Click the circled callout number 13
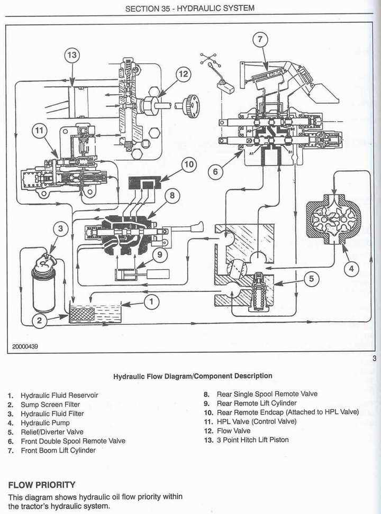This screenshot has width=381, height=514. (72, 55)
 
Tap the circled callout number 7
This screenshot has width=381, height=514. (260, 38)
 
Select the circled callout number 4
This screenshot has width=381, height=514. (351, 269)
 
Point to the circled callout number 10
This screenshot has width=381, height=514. (189, 164)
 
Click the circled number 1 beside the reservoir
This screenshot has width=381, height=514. (151, 301)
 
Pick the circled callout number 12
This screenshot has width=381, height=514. (183, 75)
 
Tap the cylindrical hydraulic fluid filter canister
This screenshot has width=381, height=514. (43, 286)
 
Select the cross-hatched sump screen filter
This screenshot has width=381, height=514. (82, 314)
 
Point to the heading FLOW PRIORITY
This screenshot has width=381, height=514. (42, 484)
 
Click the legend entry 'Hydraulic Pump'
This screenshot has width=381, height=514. (45, 423)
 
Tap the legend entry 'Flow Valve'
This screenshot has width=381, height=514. (234, 430)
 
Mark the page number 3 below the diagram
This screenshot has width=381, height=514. (374, 360)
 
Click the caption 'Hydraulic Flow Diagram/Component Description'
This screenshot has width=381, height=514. (193, 376)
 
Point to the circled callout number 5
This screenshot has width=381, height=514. (312, 279)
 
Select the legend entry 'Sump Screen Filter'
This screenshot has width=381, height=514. (50, 405)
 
